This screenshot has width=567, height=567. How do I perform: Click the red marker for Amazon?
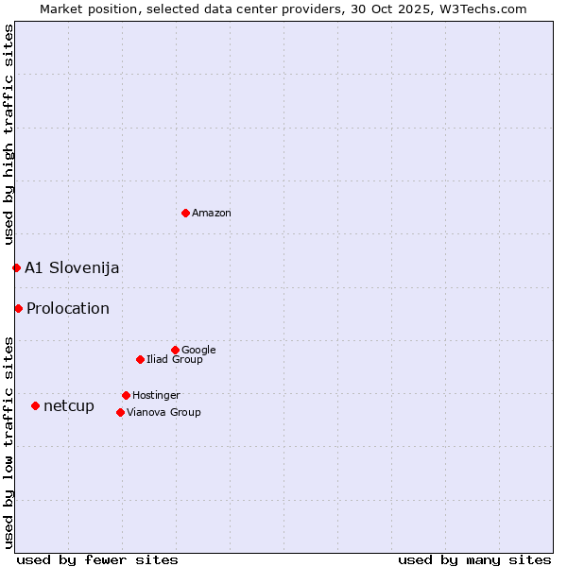(185, 213)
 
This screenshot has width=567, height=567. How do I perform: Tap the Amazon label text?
(212, 214)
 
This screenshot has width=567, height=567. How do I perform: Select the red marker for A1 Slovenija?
(16, 267)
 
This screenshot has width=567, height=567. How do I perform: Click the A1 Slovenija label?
(72, 268)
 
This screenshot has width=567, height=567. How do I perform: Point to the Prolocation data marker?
(18, 308)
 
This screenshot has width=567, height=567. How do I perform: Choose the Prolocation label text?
(68, 309)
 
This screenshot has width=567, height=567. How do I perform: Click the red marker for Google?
(175, 350)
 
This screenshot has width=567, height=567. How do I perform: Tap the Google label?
(198, 351)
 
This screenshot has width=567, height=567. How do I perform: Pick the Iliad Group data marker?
(140, 359)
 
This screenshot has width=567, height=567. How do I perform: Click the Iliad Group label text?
(175, 360)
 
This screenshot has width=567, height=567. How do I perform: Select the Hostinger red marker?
(126, 395)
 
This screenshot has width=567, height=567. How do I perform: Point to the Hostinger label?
(156, 396)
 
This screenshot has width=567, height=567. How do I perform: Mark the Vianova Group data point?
(120, 412)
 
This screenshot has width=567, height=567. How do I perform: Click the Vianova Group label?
(163, 413)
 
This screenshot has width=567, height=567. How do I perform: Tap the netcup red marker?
(35, 405)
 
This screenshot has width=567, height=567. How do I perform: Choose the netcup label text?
(69, 406)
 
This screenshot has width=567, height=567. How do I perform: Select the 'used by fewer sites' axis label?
(97, 560)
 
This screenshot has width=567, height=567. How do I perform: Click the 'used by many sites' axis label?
(474, 560)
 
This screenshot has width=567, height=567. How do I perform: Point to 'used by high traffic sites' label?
(9, 135)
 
